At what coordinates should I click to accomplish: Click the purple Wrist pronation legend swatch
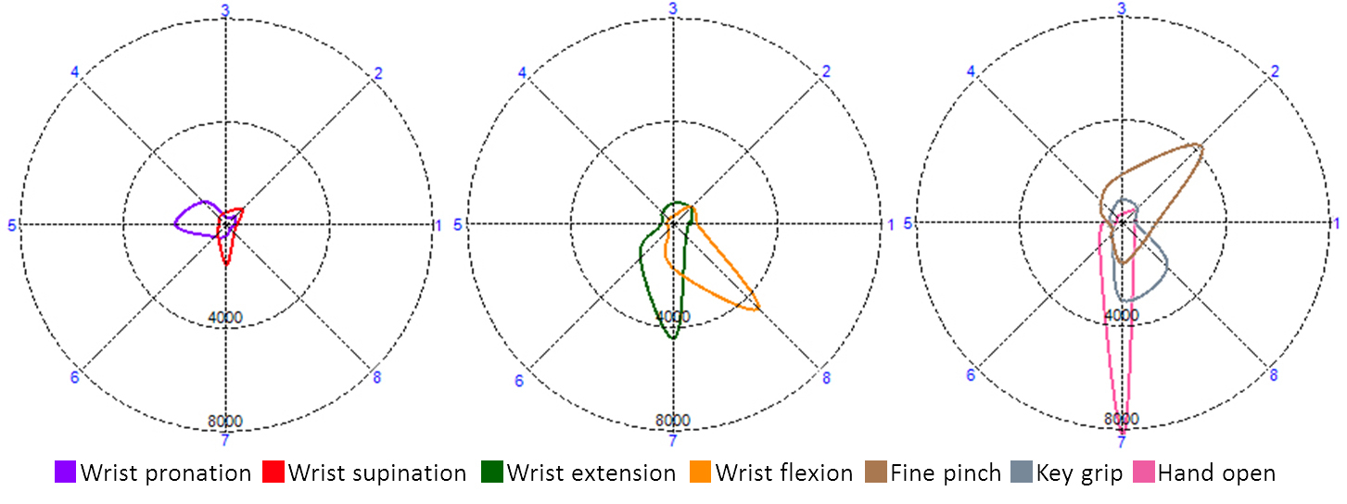[x=66, y=472]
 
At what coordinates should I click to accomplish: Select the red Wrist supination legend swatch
[x=273, y=472]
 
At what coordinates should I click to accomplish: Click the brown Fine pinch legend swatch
[x=876, y=472]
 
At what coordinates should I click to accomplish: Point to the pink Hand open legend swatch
[x=1143, y=472]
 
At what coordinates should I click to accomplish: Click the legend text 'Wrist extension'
[x=591, y=473]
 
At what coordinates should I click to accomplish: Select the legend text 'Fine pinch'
[x=946, y=473]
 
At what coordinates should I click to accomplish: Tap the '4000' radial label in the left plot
[x=225, y=318]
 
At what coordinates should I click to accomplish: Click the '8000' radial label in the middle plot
[x=672, y=421]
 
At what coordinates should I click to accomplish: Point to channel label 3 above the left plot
[x=225, y=10]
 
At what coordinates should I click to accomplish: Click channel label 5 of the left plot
[x=11, y=225]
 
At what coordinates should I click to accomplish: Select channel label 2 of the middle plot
[x=826, y=71]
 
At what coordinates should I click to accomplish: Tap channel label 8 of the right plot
[x=1274, y=376]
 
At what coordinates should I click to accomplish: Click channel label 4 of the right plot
[x=972, y=71]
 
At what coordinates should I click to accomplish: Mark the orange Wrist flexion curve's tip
[x=759, y=309]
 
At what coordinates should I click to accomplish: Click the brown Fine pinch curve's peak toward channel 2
[x=1201, y=146]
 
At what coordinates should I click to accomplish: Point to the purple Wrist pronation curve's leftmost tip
[x=175, y=222]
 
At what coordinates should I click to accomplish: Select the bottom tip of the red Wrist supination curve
[x=226, y=267]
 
